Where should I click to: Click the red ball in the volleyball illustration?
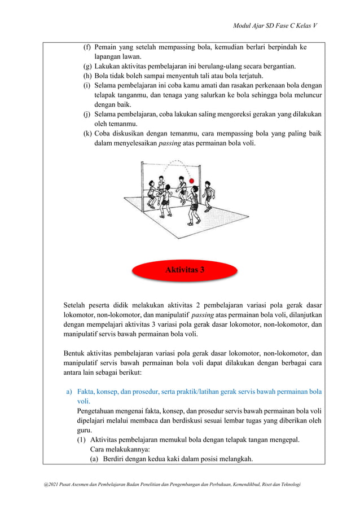[x=192, y=181]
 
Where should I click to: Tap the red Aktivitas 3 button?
[x=185, y=270]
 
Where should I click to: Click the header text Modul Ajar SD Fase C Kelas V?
[x=276, y=27]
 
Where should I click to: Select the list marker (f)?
[x=87, y=47]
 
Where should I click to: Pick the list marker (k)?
[x=87, y=134]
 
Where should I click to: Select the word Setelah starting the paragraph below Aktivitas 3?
[x=77, y=306]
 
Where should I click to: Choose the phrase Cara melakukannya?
[x=118, y=450]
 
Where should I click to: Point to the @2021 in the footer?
[x=44, y=485]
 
